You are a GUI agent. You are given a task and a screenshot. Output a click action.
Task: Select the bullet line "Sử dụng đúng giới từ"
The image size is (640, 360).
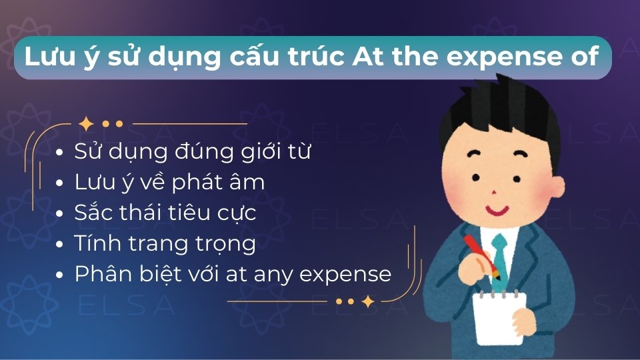pos(193,151)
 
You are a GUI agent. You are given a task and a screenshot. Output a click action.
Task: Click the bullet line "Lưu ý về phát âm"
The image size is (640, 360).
pos(169,182)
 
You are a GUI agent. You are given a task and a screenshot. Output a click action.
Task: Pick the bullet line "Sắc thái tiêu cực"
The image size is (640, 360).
pos(165,213)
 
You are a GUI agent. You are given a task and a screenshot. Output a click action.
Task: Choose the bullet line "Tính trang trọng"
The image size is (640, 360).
pos(165,243)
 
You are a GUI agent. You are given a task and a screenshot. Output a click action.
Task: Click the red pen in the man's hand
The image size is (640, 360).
pos(481,252)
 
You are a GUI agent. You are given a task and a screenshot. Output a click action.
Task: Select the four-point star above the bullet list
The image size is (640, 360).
pos(85,124)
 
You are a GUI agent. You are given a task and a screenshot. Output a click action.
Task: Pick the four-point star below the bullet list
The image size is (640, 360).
pos(367,301)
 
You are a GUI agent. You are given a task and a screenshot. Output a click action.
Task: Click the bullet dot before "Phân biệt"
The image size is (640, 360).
pos(61,275)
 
